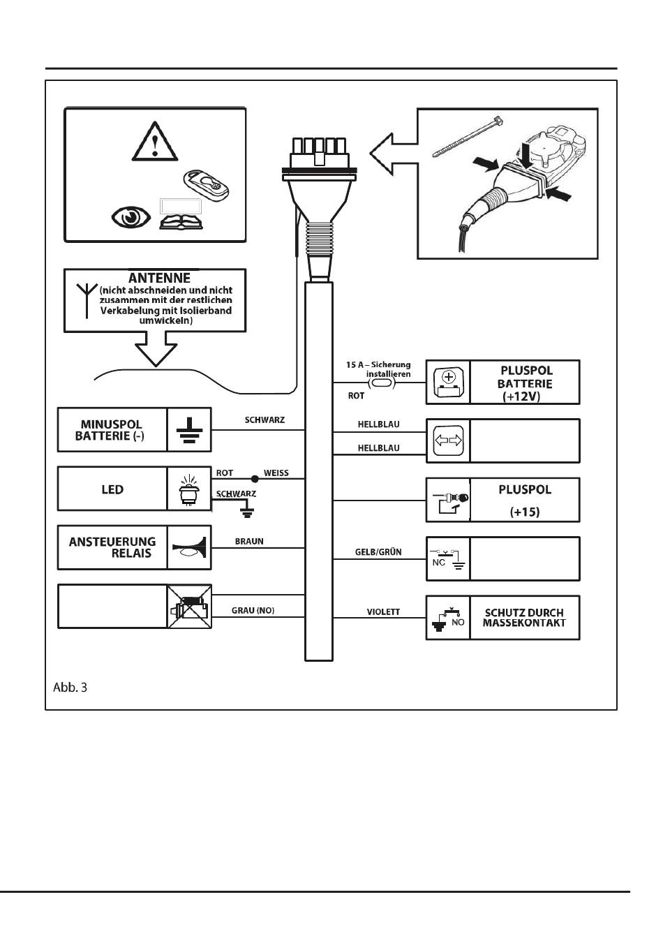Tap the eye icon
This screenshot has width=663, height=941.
(131, 217)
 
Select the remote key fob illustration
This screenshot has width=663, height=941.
(206, 185)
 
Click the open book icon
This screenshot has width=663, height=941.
(181, 222)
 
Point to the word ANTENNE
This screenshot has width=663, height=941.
(159, 278)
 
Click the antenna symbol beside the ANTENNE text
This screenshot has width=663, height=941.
(87, 300)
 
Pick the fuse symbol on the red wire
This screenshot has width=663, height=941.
(381, 383)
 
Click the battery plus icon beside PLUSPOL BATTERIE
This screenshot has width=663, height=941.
(448, 383)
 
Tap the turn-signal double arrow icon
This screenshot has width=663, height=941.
(448, 440)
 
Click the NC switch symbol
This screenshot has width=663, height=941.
(447, 559)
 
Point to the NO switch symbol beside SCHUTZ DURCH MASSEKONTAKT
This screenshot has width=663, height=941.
(448, 620)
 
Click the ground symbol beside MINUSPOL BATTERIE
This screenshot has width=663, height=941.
(189, 430)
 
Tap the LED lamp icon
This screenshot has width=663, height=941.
(189, 490)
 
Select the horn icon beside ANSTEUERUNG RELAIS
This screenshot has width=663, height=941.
(189, 548)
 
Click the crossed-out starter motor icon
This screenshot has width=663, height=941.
(189, 607)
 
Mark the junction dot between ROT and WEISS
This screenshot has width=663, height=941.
(255, 478)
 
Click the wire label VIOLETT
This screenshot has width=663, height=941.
(383, 612)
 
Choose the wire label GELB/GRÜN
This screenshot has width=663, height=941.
(378, 551)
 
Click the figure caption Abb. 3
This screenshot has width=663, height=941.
(70, 688)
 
